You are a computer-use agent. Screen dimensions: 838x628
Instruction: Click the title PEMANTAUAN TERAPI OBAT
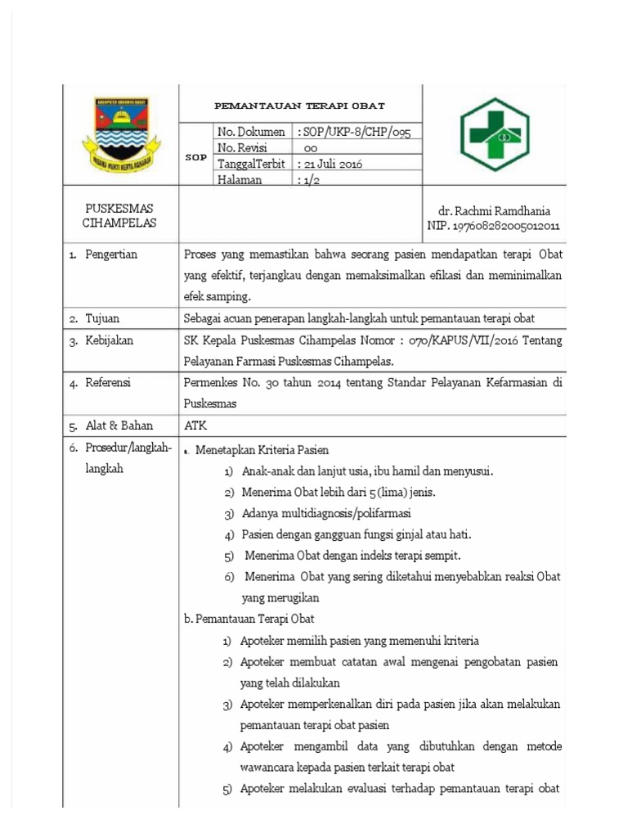(299, 106)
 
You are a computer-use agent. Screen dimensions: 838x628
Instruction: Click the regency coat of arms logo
(121, 134)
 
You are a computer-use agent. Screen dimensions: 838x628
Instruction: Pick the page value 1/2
(310, 180)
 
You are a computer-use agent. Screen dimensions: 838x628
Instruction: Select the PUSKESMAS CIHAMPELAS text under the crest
(119, 216)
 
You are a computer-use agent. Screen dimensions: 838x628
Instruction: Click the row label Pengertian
(111, 255)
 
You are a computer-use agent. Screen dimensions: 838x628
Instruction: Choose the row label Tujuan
(104, 318)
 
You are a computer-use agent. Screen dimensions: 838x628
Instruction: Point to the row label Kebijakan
(110, 340)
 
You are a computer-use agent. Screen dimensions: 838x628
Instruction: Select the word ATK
(196, 426)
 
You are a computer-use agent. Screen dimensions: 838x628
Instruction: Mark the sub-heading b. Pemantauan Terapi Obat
(249, 619)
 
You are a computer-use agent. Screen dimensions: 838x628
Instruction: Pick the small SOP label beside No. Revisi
(196, 156)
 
